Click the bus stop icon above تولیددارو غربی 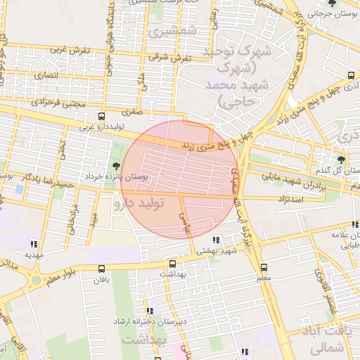point(102,116)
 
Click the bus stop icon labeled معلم point(264,267)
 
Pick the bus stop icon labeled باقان point(102,268)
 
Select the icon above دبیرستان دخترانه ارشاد point(149,310)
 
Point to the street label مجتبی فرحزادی point(61,103)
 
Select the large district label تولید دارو point(138,203)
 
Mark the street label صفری point(131,110)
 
